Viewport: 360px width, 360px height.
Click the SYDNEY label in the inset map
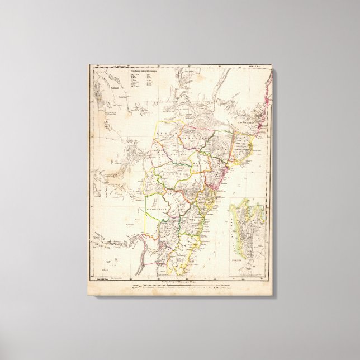point(241,260)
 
